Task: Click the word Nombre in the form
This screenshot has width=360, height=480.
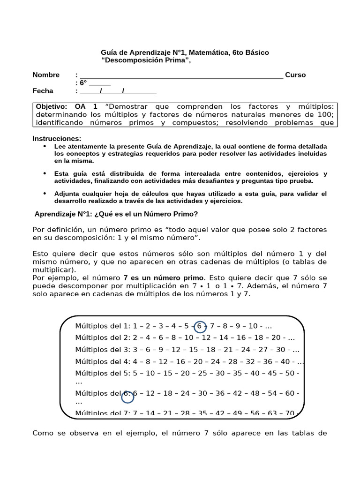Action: pos(46,75)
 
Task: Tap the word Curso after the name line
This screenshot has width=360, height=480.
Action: pos(295,75)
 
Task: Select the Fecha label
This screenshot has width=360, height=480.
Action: pos(43,91)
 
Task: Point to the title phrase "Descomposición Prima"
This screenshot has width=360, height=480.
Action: pos(146,60)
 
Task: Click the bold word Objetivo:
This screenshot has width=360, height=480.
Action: pos(52,106)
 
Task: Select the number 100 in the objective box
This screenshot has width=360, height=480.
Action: pos(320,114)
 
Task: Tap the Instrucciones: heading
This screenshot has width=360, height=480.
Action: pos(57,138)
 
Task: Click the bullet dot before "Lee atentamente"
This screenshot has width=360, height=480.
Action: pos(45,146)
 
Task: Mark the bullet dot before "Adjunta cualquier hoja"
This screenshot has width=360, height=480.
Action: pos(45,193)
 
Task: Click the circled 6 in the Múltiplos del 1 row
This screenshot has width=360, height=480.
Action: pos(200,326)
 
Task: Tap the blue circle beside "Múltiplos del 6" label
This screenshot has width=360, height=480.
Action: pos(127,397)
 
